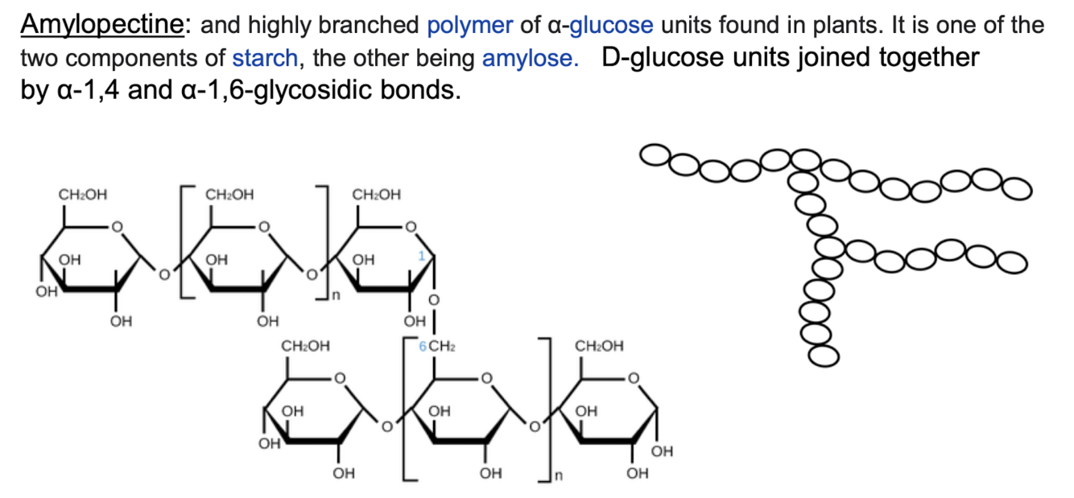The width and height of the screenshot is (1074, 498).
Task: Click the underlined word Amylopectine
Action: click(x=102, y=25)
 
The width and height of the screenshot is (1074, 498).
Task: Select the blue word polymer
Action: click(x=470, y=26)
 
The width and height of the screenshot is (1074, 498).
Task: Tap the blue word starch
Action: click(x=265, y=59)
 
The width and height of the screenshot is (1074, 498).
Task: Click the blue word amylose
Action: click(x=531, y=59)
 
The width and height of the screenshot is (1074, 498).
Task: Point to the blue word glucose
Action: click(x=611, y=26)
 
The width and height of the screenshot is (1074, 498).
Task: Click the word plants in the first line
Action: click(x=848, y=26)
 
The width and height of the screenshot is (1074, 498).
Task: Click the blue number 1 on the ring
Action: click(x=421, y=257)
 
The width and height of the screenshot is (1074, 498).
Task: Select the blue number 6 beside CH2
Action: click(x=423, y=346)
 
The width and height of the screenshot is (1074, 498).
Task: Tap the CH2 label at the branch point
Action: click(x=441, y=346)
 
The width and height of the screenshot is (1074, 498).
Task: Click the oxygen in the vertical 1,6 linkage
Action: click(x=433, y=300)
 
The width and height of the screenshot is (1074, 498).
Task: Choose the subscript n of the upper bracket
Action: click(x=336, y=295)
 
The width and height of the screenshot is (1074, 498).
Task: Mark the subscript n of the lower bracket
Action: click(x=558, y=476)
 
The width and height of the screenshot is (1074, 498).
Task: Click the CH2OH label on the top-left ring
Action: click(x=83, y=195)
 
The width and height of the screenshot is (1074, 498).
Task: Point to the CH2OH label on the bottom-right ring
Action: click(x=599, y=346)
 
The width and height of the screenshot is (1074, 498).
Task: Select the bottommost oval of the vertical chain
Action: click(x=824, y=356)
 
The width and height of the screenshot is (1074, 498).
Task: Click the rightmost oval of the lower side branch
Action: click(x=1012, y=262)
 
